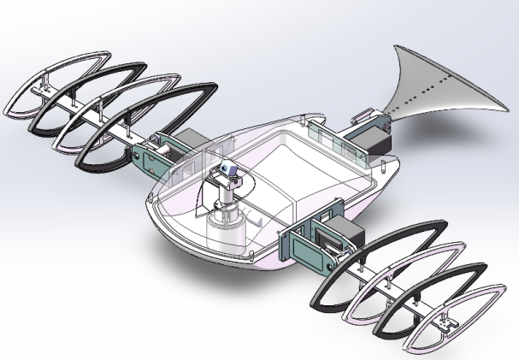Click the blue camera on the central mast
(227, 171)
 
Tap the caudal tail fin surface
(436, 94)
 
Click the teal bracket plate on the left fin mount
(145, 154)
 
